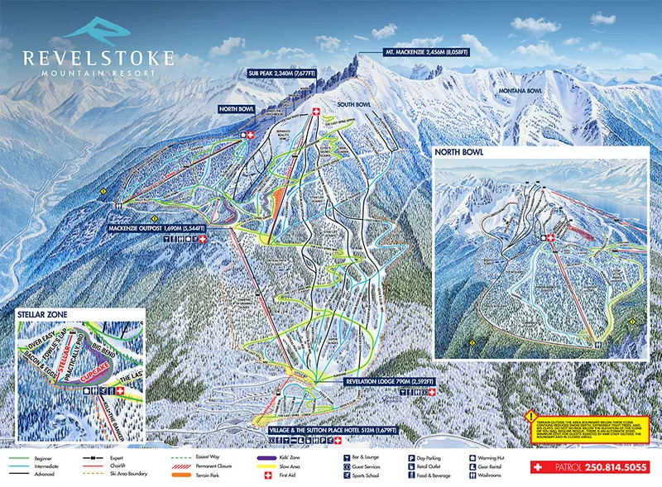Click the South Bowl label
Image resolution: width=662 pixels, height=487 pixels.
coord(357,106)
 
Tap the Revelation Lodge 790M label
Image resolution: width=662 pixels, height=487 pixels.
coord(387,383)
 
